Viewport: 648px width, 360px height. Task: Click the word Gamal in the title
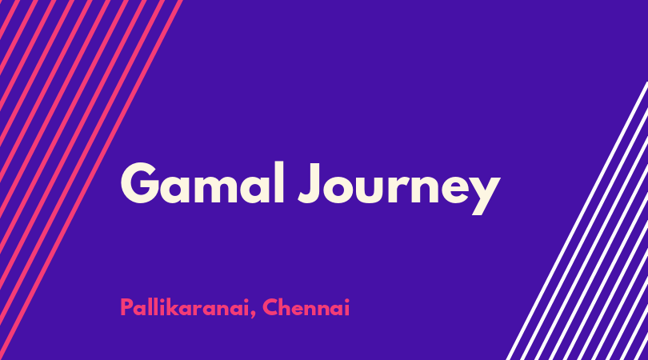click(x=202, y=182)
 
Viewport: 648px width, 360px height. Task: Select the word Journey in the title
click(x=399, y=188)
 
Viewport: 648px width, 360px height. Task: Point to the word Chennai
click(x=306, y=307)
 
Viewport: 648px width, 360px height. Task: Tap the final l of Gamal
click(x=279, y=182)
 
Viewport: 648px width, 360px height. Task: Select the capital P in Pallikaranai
click(x=126, y=307)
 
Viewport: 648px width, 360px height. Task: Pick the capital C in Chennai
click(x=270, y=307)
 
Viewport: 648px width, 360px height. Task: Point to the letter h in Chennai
click(x=287, y=307)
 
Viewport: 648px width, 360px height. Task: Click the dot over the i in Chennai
click(x=346, y=300)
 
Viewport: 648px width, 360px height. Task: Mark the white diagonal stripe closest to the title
click(x=577, y=221)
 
